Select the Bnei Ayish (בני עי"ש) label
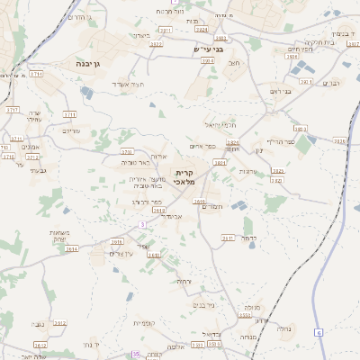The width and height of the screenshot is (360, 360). [x=208, y=49]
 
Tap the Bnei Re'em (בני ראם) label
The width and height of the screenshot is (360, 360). [x=281, y=91]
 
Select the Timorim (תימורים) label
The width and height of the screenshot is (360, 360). [x=211, y=207]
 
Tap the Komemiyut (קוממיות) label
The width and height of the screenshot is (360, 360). [x=146, y=322]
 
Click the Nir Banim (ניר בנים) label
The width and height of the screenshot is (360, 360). [x=202, y=304]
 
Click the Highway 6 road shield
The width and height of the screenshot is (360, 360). [x=318, y=333]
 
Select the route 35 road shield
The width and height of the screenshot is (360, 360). [x=135, y=355]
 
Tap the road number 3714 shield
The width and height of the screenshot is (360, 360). [x=13, y=109]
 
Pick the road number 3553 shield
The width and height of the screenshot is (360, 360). [x=245, y=316]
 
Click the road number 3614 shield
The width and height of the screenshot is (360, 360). [x=71, y=248]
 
